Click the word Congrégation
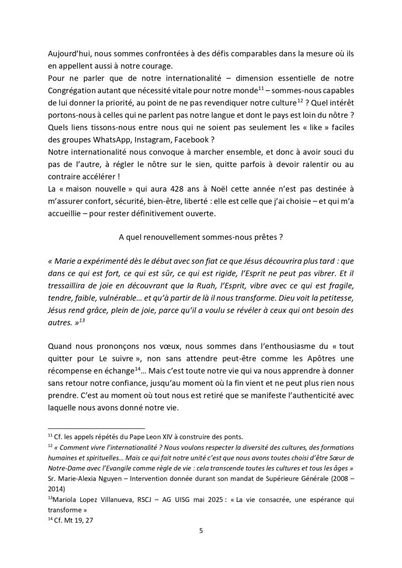[x=76, y=88]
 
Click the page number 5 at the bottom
[x=201, y=530]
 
